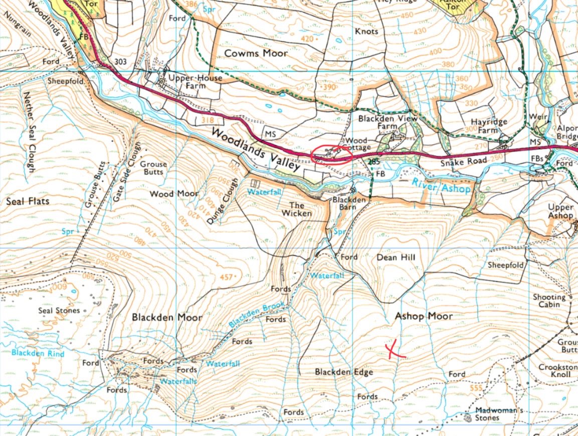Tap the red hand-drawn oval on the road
point(331,156)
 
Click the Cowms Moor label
point(256,53)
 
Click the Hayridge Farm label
point(489,126)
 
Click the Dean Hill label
point(396,257)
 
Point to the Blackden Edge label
point(344,372)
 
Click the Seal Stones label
point(59,311)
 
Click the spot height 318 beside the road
point(207,120)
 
